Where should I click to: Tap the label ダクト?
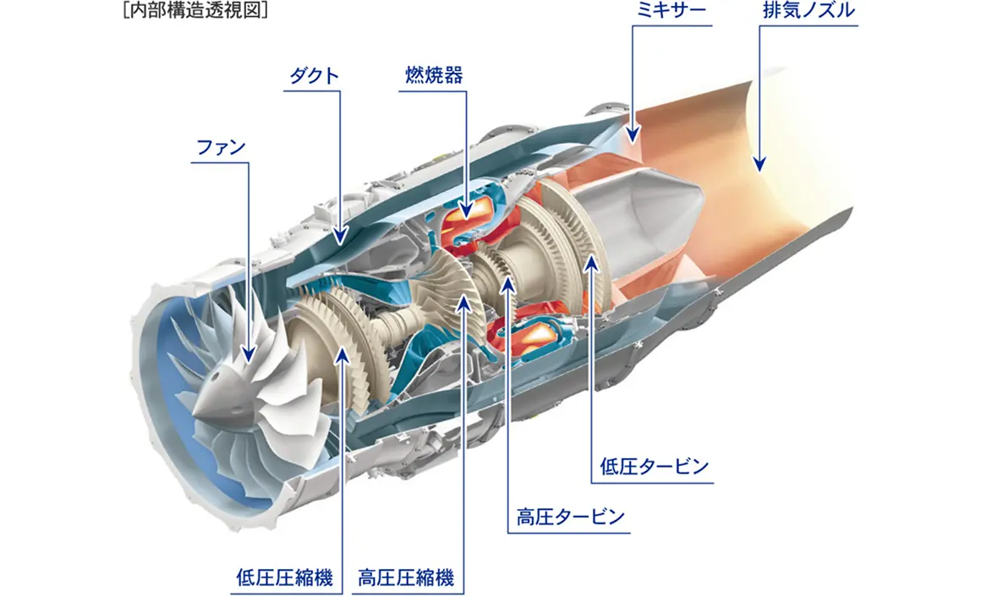pyautogui.click(x=314, y=75)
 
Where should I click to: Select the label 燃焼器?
pyautogui.click(x=432, y=75)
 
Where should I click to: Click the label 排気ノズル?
pyautogui.click(x=808, y=11)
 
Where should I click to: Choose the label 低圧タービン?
pyautogui.click(x=654, y=467)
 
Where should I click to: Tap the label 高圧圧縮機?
pyautogui.click(x=406, y=578)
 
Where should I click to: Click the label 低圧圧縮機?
pyautogui.click(x=284, y=578)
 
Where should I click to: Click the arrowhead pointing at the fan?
pyautogui.click(x=249, y=357)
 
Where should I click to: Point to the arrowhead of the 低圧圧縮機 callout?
pyautogui.click(x=343, y=355)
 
